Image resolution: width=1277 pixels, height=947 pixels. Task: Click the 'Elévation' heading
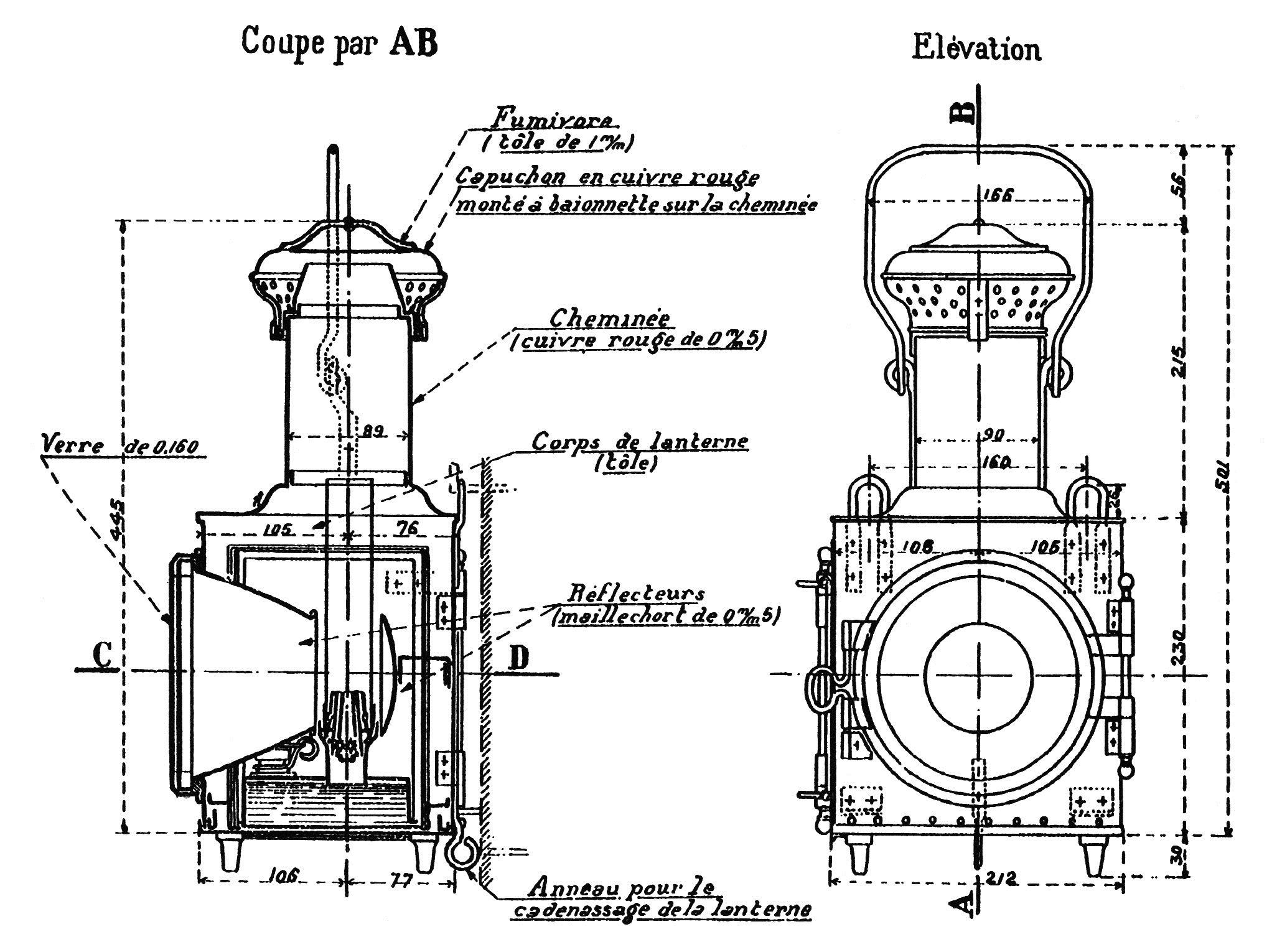pyautogui.click(x=976, y=49)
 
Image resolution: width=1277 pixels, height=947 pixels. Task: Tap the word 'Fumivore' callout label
pyautogui.click(x=552, y=118)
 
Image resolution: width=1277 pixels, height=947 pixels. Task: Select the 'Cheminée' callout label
pyautogui.click(x=610, y=319)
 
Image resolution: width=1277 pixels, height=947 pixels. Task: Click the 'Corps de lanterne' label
pyautogui.click(x=639, y=442)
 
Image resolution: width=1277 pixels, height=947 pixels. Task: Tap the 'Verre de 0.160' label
pyautogui.click(x=118, y=446)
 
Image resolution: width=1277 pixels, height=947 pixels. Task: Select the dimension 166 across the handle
pyautogui.click(x=999, y=195)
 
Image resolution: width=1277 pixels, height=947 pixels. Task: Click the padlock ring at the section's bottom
pyautogui.click(x=461, y=854)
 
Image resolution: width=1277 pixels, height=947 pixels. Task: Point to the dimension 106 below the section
pyautogui.click(x=284, y=875)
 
